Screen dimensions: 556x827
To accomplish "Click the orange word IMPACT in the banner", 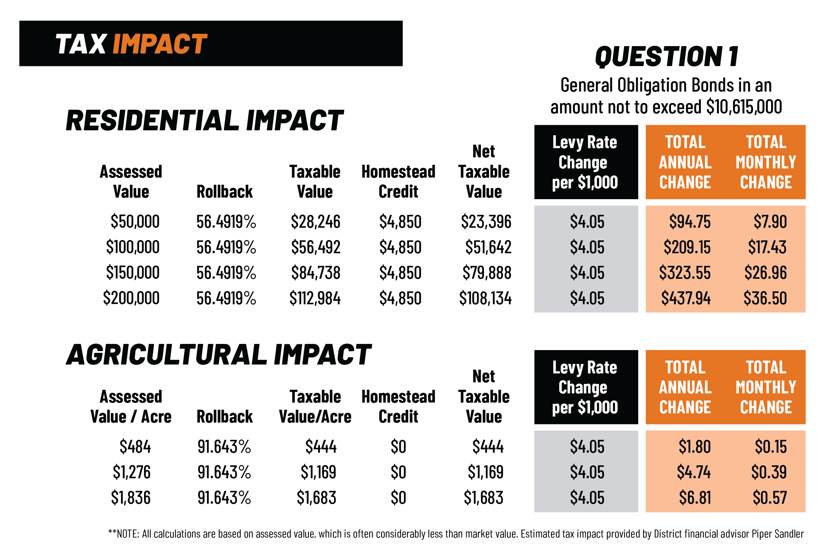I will click(x=160, y=44).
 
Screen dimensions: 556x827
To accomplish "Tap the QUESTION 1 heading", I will click(x=666, y=57).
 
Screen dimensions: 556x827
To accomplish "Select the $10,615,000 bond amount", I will click(x=744, y=107).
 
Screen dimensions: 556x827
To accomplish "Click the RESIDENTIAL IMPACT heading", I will click(x=205, y=120).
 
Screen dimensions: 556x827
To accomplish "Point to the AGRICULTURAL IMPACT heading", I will click(x=219, y=355).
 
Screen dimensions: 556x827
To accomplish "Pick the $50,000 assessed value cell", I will click(x=135, y=222).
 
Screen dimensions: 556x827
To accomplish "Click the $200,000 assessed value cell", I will click(x=131, y=298).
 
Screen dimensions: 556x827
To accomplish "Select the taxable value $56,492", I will click(x=315, y=247).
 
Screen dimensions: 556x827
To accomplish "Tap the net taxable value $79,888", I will click(x=486, y=273).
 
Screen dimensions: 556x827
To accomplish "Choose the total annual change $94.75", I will click(x=689, y=222).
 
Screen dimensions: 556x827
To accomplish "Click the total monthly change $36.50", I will click(x=765, y=298).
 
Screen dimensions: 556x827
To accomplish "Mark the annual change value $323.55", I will click(x=685, y=273).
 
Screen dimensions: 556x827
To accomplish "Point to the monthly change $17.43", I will click(x=767, y=247).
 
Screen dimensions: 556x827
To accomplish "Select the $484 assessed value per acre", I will click(x=135, y=447).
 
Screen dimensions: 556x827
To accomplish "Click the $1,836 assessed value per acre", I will click(x=131, y=498).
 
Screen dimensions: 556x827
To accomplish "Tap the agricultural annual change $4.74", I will click(x=693, y=472).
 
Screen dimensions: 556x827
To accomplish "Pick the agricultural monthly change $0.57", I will click(x=770, y=498).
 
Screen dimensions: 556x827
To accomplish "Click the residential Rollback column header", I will click(x=225, y=192).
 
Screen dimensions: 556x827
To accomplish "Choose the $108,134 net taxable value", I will click(x=485, y=298).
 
